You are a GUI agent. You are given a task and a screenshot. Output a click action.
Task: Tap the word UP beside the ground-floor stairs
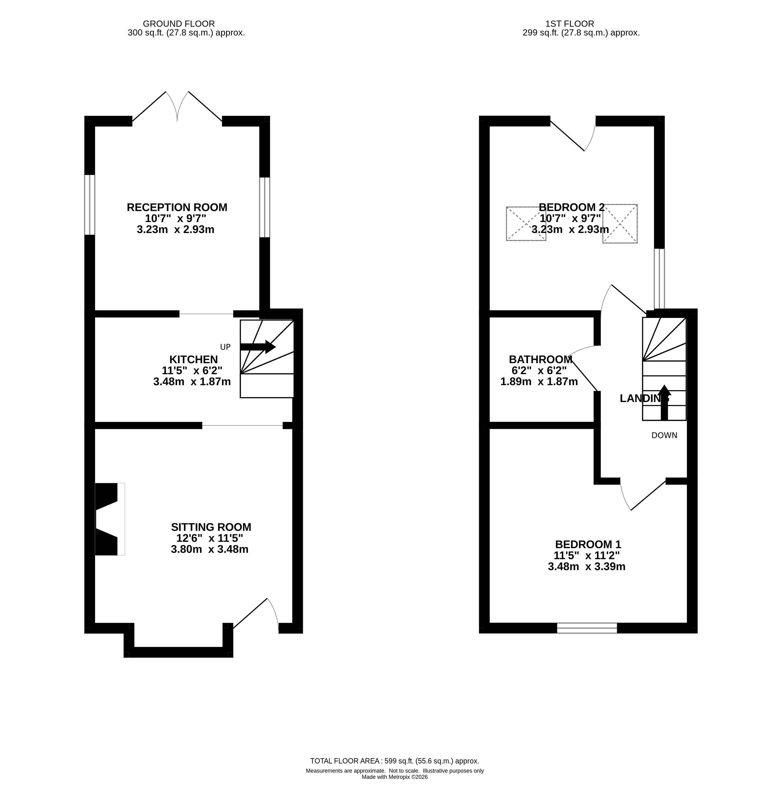click(x=225, y=347)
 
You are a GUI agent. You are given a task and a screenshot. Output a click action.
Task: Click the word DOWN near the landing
click(x=664, y=435)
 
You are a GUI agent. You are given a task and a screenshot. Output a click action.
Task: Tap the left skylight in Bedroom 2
click(x=526, y=223)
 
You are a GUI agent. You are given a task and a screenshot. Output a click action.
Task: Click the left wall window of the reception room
click(x=90, y=205)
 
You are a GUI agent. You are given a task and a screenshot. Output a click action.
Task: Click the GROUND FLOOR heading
click(x=179, y=24)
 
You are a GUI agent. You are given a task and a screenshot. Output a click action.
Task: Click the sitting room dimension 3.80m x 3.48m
click(x=210, y=549)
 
